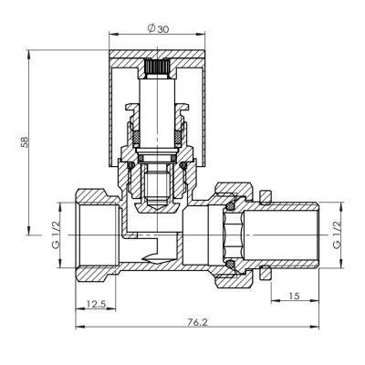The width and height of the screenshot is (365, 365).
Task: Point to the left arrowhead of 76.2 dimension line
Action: [76, 329]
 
